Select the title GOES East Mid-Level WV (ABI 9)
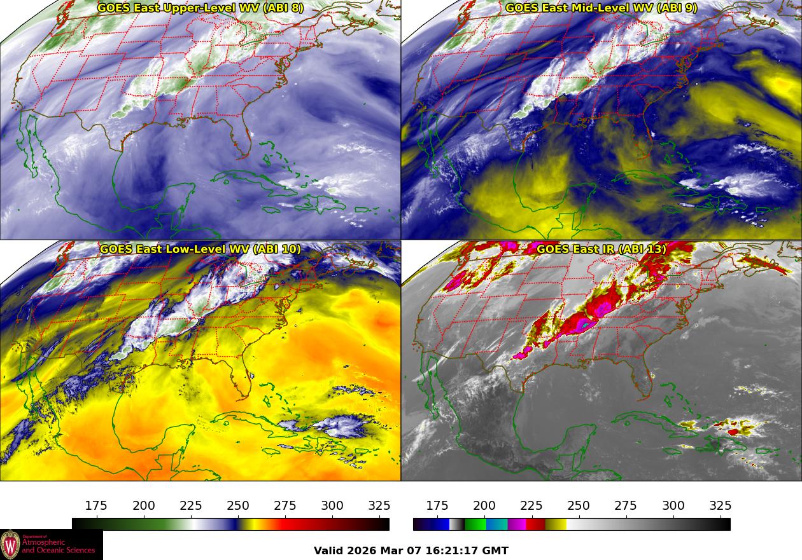pos(601,8)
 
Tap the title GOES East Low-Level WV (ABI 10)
pos(200,249)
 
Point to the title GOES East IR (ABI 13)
pos(601,249)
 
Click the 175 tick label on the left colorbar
pos(96,506)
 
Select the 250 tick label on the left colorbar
pos(238,506)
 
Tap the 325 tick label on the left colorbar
pos(379,506)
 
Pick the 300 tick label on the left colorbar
pos(332,506)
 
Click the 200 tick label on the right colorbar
pos(484,506)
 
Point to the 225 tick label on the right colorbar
pos(531,506)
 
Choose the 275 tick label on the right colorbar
pos(626,506)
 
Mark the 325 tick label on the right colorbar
pos(721,506)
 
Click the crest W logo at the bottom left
pos(10,545)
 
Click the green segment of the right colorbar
pos(475,524)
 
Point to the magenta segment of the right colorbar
pos(517,524)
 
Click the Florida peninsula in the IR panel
pos(648,381)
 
